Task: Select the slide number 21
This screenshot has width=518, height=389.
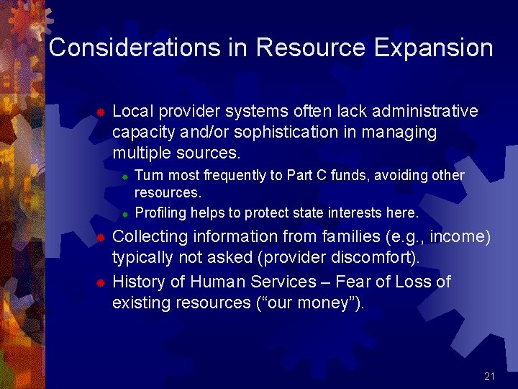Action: pyautogui.click(x=490, y=376)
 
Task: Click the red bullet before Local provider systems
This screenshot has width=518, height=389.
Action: pyautogui.click(x=101, y=112)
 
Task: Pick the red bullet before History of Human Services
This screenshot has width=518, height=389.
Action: pyautogui.click(x=101, y=282)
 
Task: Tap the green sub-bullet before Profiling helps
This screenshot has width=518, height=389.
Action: pyautogui.click(x=124, y=214)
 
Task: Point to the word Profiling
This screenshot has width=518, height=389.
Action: pyautogui.click(x=160, y=213)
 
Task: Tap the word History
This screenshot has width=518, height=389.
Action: pyautogui.click(x=140, y=282)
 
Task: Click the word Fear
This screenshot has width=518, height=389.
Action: pyautogui.click(x=350, y=282)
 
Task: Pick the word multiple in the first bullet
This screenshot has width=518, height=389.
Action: pyautogui.click(x=140, y=153)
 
